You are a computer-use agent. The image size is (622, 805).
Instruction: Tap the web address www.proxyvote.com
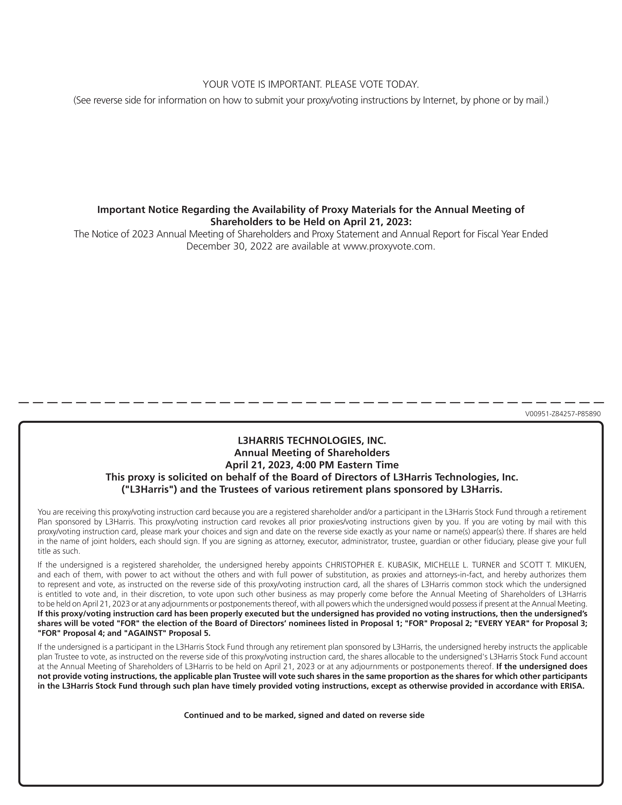[389, 246]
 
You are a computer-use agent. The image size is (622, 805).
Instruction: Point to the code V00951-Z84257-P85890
[563, 414]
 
